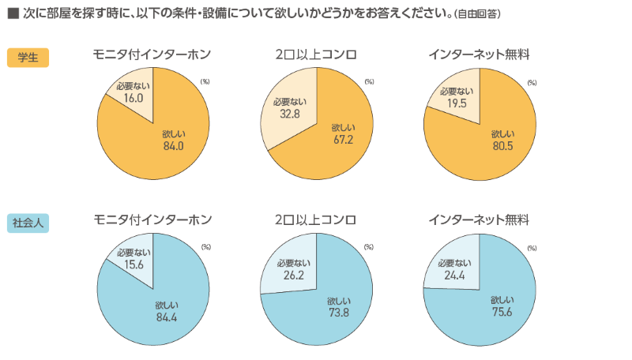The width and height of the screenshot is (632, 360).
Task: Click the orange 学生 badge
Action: coord(28,57)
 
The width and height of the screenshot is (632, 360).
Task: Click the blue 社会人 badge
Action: coord(28,223)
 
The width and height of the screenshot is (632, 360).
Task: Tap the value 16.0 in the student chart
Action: coord(134,98)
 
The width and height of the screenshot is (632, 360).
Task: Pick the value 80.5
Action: coord(503,145)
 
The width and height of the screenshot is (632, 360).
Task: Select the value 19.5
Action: coord(457,103)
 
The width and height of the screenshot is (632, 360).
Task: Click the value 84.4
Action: coord(168,317)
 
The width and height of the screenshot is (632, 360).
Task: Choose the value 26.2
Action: coord(294,274)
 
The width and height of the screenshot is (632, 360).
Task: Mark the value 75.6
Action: coord(502,311)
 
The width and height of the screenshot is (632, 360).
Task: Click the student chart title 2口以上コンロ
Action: coord(316,54)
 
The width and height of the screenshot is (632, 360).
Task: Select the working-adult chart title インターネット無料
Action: coord(479,219)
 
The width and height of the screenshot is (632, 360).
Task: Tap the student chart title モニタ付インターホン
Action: coord(152,54)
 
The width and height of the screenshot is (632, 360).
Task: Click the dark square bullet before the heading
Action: coord(12,13)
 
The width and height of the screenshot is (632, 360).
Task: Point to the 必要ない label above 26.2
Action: coord(294,262)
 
